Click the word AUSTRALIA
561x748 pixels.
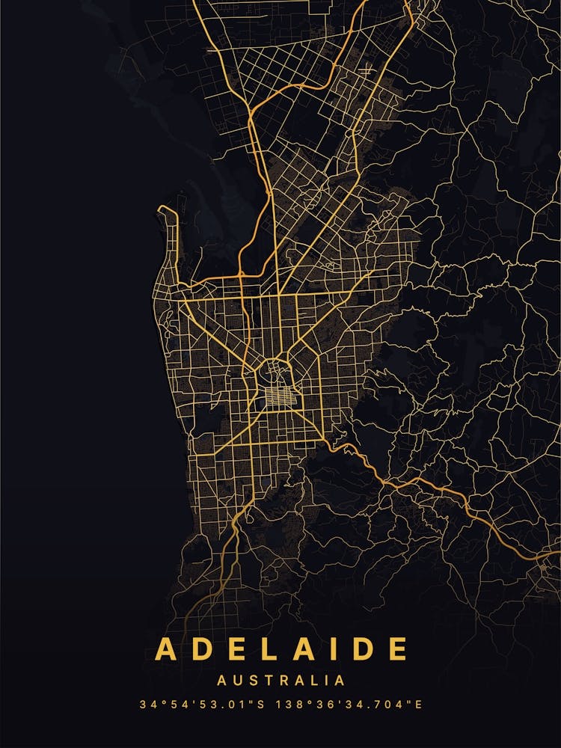[x=280, y=681]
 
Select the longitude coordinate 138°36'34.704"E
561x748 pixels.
[x=349, y=705]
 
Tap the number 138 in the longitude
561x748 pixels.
[x=288, y=705]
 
